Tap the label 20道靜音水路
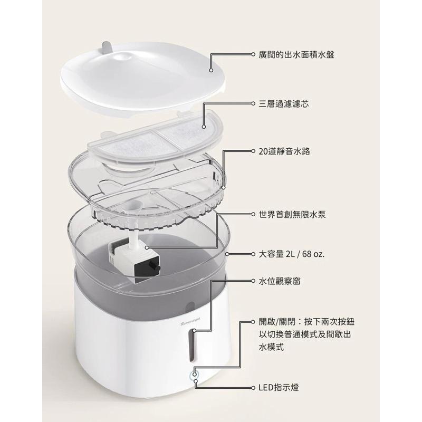pyautogui.click(x=284, y=151)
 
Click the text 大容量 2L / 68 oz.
pyautogui.click(x=292, y=254)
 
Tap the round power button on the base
pyautogui.click(x=195, y=376)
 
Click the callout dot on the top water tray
pyautogui.click(x=211, y=69)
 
